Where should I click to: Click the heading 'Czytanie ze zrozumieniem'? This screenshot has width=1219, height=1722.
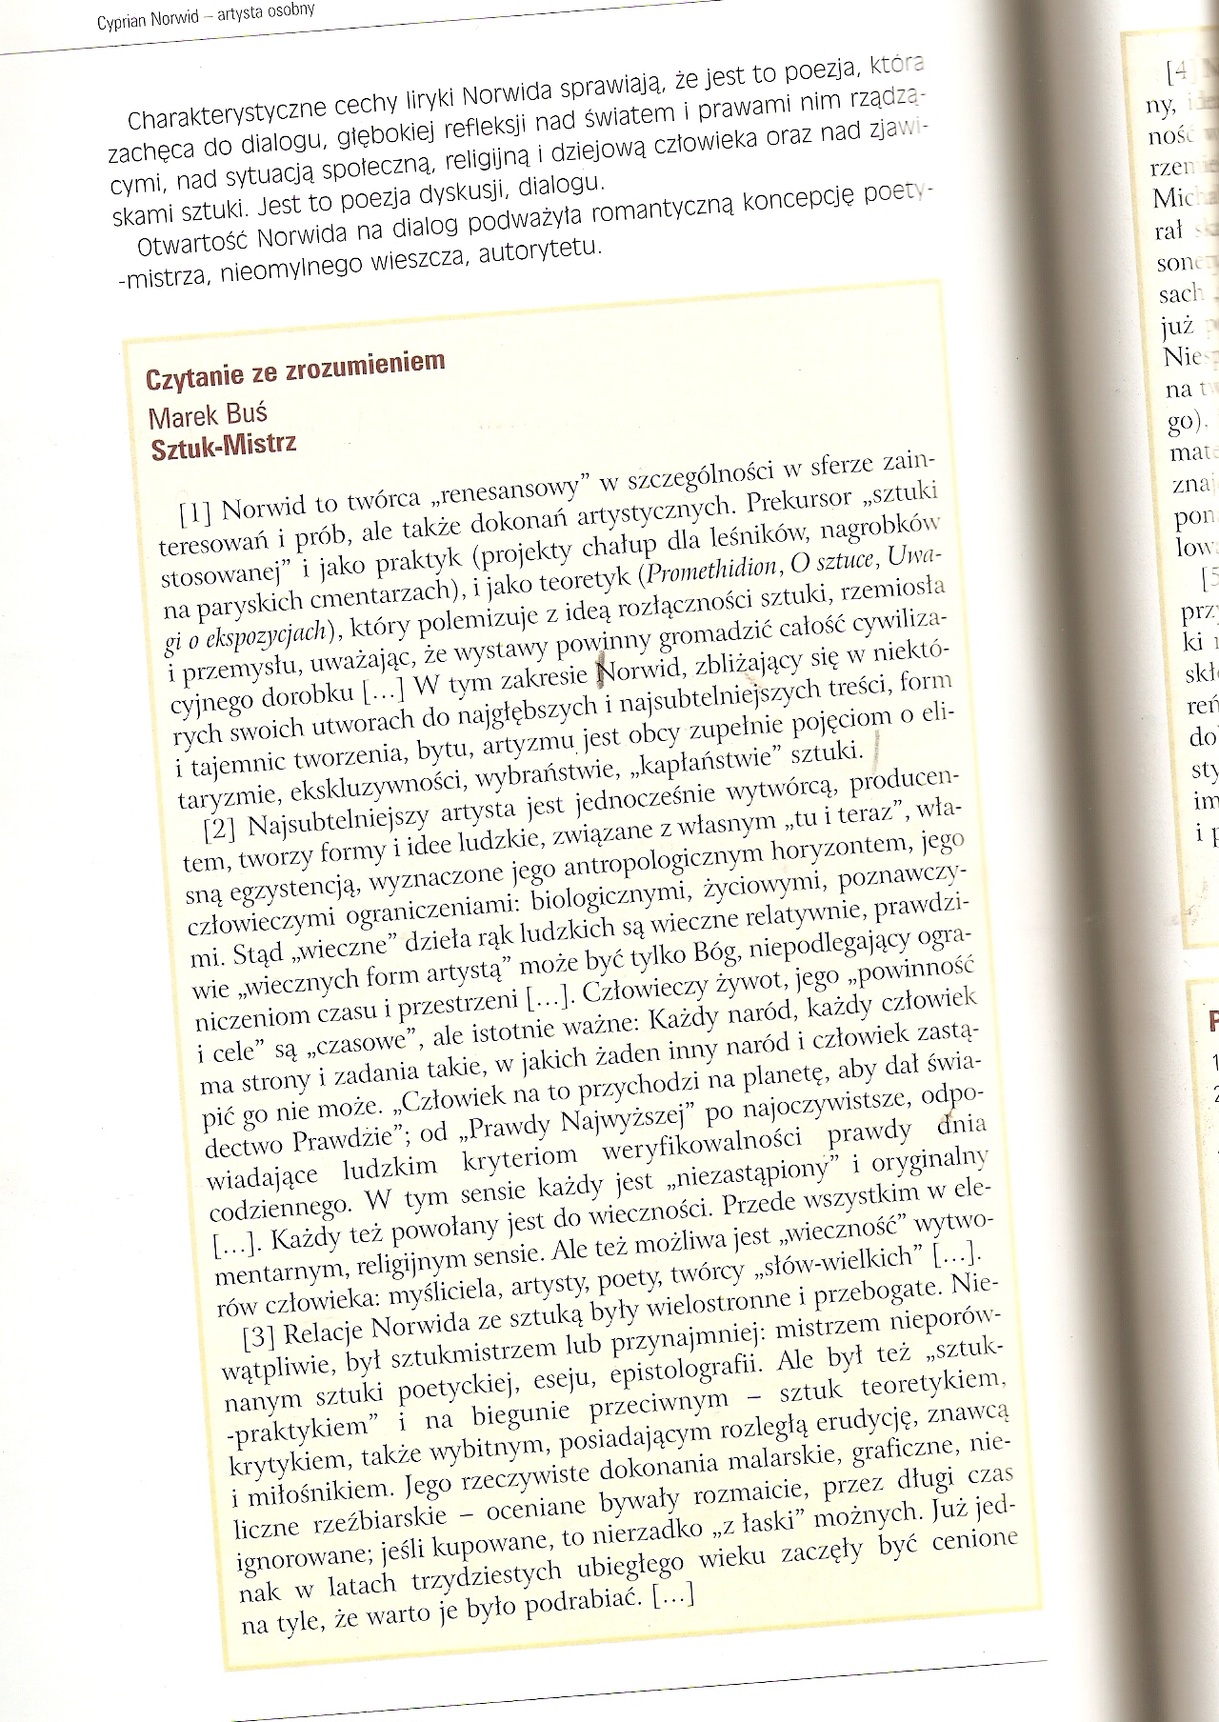(295, 370)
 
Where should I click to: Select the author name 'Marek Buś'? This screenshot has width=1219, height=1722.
(209, 415)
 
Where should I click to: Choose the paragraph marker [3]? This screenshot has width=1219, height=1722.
(258, 1335)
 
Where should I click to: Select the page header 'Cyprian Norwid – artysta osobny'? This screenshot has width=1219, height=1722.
(206, 16)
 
